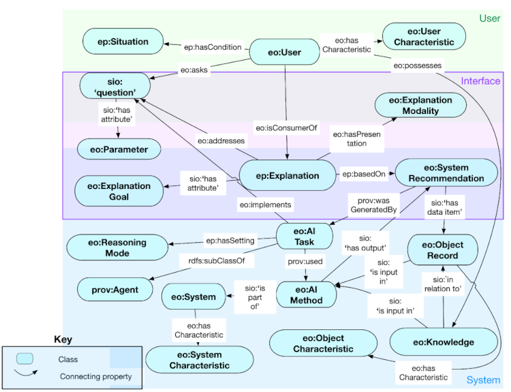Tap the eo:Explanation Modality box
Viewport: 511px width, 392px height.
(420, 105)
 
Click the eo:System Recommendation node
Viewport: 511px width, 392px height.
(446, 172)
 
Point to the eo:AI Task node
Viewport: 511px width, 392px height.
(304, 237)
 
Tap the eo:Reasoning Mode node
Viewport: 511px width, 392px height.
(117, 247)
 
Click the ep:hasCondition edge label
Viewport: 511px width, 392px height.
(213, 47)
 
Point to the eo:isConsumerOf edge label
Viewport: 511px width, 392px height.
(286, 127)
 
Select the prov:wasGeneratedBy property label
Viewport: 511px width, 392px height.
(373, 205)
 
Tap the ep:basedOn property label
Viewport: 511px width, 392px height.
(364, 174)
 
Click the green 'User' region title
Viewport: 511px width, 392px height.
(489, 18)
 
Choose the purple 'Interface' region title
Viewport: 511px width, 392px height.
(480, 81)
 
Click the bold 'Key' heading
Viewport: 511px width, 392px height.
(63, 339)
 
